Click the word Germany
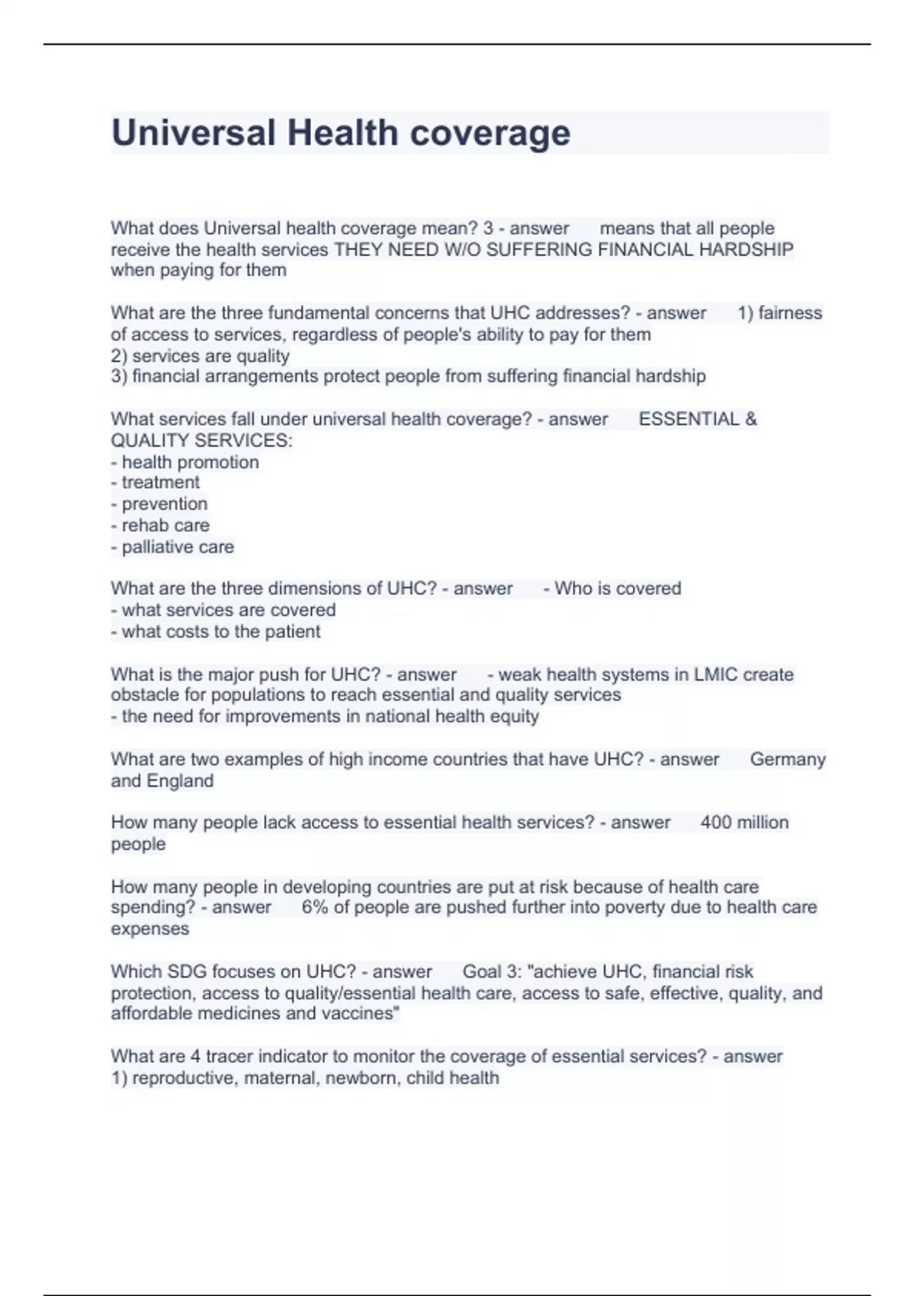[788, 759]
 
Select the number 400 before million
[716, 823]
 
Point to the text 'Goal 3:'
[491, 971]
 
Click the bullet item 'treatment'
[160, 483]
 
